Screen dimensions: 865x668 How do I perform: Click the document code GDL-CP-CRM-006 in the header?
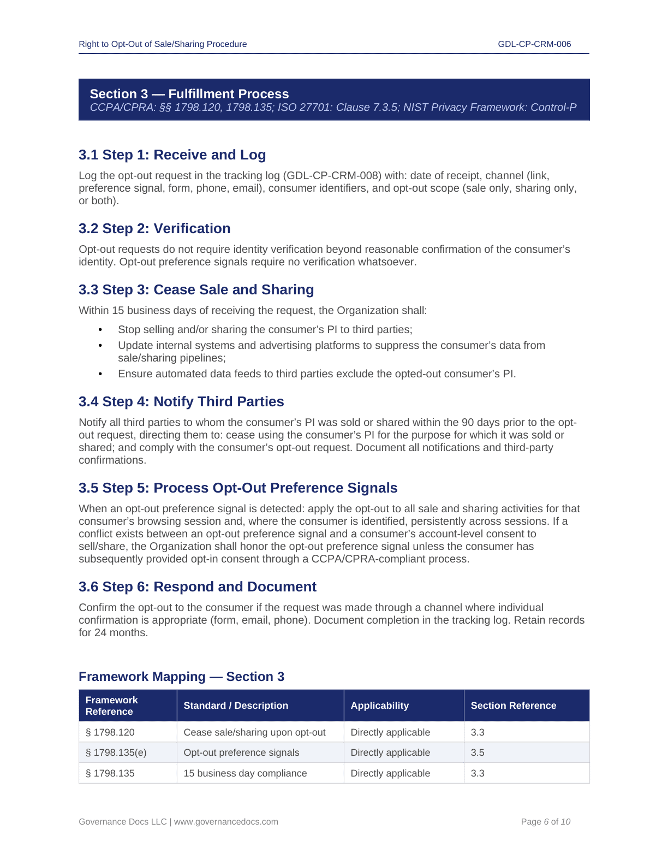(x=534, y=44)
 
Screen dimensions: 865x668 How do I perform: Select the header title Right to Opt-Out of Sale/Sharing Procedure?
(x=163, y=44)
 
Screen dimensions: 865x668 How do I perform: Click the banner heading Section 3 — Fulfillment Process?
(x=189, y=94)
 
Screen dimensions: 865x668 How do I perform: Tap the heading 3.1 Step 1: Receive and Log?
(x=172, y=155)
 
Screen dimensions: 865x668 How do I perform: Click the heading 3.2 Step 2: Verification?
(x=154, y=229)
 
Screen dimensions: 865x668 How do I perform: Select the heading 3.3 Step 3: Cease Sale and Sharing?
(x=196, y=290)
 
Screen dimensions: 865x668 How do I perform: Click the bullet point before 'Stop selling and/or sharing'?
(x=100, y=330)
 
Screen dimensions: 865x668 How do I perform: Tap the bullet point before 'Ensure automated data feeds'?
(x=100, y=374)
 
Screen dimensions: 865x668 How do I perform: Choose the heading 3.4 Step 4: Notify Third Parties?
(x=181, y=402)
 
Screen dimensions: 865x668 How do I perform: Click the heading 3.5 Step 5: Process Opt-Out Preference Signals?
(x=238, y=488)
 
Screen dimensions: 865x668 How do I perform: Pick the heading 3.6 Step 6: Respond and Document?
(x=197, y=587)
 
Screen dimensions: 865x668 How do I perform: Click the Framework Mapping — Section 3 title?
(x=181, y=677)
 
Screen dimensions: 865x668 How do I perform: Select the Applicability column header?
(x=379, y=706)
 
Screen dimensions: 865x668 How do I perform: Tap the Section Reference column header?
(x=513, y=706)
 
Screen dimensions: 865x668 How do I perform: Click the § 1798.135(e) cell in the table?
(x=116, y=753)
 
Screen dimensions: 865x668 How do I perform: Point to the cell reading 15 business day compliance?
(x=245, y=773)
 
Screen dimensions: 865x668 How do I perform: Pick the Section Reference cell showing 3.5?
(x=478, y=753)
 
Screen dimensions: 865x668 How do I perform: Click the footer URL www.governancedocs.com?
(x=226, y=822)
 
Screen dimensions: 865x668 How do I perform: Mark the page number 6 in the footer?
(x=546, y=822)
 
